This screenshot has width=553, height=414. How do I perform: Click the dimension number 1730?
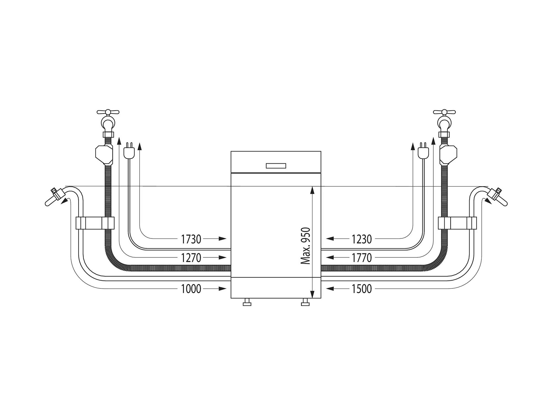tap(191, 239)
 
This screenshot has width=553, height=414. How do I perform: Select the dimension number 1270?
tap(191, 258)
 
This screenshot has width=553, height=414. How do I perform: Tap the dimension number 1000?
tap(191, 289)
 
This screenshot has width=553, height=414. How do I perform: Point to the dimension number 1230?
tap(362, 239)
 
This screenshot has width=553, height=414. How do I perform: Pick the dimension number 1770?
tap(362, 258)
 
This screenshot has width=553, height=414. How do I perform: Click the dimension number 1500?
tap(362, 289)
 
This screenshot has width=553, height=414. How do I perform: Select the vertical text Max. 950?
tap(306, 246)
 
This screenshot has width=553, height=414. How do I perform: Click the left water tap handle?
tap(108, 112)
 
